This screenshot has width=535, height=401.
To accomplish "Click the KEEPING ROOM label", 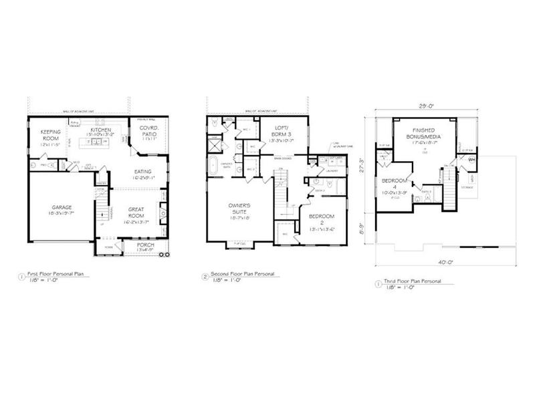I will click(51, 136).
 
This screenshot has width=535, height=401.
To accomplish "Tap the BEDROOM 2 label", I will click(322, 221).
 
